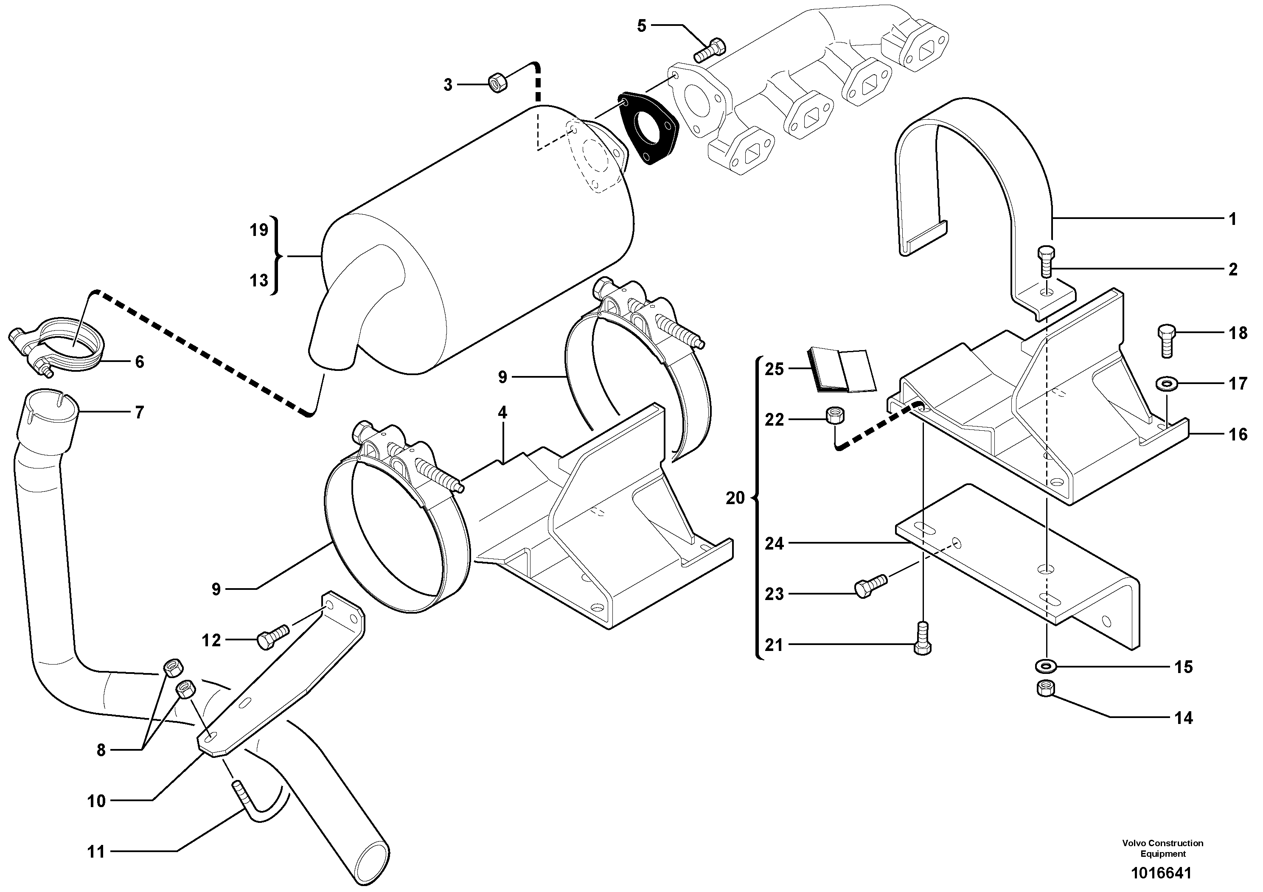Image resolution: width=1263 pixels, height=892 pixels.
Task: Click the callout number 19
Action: (258, 230)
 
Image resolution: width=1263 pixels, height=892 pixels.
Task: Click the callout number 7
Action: (139, 412)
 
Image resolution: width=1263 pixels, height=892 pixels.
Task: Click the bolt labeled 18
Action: (1166, 340)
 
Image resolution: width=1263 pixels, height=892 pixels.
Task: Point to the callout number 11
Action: (96, 852)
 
